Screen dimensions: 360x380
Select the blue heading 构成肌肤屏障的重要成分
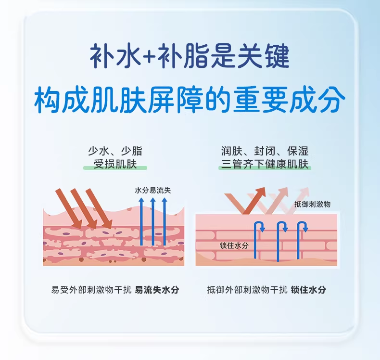click(190, 100)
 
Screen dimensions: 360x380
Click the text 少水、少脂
click(115, 151)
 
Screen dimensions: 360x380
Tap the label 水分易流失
click(153, 191)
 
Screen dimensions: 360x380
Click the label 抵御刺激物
click(312, 204)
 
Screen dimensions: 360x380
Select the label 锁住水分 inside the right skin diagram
click(234, 245)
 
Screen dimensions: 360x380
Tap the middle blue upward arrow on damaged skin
click(153, 221)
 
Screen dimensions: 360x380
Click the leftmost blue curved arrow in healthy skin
click(258, 236)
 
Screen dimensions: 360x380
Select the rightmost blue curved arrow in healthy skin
click(302, 236)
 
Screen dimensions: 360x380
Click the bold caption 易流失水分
click(157, 290)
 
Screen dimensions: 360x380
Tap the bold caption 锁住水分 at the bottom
click(308, 290)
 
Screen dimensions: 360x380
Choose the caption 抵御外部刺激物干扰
click(247, 290)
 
